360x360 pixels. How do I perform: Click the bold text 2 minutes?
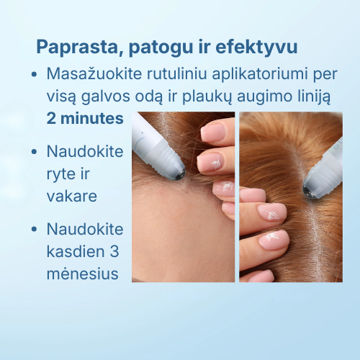pos(85,118)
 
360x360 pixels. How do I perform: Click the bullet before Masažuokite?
pos(35,74)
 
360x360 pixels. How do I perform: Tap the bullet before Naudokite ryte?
pos(35,152)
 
